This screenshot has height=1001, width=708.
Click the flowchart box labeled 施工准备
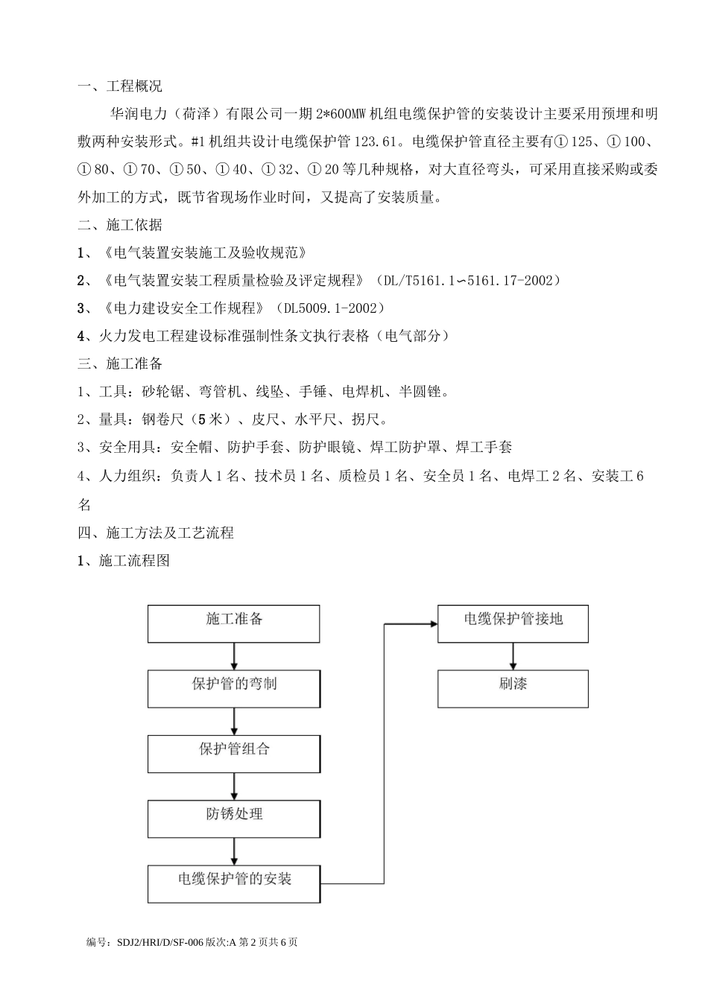point(233,623)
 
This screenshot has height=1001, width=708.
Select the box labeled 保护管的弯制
point(233,689)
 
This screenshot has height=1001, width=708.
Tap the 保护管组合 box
point(233,754)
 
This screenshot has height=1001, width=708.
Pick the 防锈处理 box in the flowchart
point(233,819)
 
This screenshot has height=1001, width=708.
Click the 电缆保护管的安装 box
point(233,884)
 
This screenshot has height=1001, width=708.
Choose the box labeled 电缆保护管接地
point(513,623)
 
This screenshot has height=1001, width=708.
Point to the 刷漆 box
point(513,689)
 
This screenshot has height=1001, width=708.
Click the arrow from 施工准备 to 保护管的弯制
point(234,656)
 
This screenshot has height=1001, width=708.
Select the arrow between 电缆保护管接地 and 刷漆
point(513,656)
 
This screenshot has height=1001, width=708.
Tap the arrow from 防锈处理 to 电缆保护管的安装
point(234,851)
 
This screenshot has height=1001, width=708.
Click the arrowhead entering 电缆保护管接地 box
point(432,624)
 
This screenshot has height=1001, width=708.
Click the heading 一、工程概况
point(119,87)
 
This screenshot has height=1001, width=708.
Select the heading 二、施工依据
point(119,225)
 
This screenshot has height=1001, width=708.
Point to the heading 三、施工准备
point(119,363)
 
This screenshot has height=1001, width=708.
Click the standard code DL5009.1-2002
point(330,308)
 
